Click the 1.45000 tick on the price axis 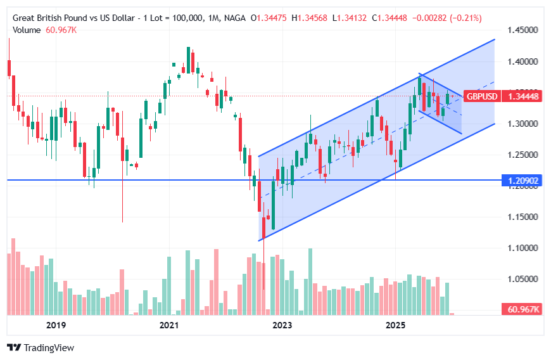[x=523, y=30]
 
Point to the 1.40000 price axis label [x=523, y=62]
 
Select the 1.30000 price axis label [x=523, y=124]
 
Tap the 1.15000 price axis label [x=523, y=217]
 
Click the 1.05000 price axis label [x=523, y=280]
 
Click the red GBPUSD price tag [x=483, y=96]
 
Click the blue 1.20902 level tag [x=523, y=181]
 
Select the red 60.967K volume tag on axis [x=523, y=309]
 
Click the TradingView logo [x=41, y=347]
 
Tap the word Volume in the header [x=25, y=30]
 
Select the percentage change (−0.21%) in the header [x=465, y=18]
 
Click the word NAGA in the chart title [x=234, y=18]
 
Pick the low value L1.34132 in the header [x=350, y=18]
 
